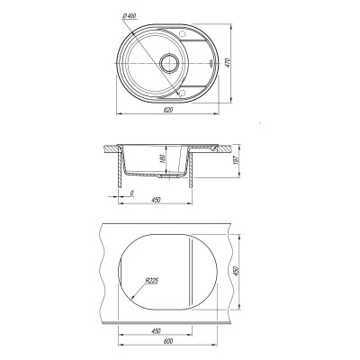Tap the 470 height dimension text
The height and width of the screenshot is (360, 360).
tap(228, 62)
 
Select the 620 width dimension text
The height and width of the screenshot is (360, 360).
tap(168, 111)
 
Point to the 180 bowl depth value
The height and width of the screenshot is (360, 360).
tap(163, 158)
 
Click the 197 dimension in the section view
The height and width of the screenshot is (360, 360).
tap(236, 160)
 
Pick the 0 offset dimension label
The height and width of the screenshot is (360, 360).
tap(132, 193)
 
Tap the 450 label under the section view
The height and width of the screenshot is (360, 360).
tap(156, 200)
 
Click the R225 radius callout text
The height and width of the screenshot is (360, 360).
tap(152, 281)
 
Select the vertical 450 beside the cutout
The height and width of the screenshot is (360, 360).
tap(236, 271)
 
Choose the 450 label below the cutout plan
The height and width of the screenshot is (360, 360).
tap(156, 331)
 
